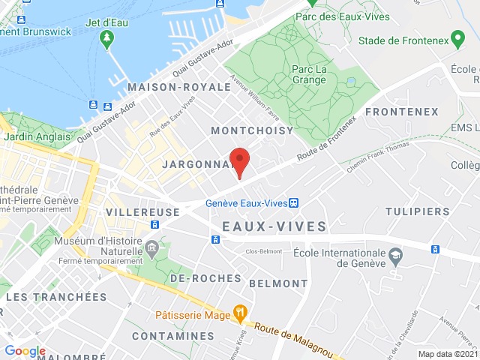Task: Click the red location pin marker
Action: click(239, 161)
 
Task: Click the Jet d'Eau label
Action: click(108, 22)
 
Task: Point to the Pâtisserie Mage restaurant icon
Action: click(240, 310)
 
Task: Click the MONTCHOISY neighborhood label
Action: click(253, 130)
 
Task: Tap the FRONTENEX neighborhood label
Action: click(402, 112)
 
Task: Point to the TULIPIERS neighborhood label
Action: click(418, 211)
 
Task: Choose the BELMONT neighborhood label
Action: click(278, 283)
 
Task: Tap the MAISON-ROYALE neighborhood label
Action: click(179, 87)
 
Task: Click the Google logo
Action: click(25, 351)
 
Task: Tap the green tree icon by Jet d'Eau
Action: click(108, 37)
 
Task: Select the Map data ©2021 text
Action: click(447, 354)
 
